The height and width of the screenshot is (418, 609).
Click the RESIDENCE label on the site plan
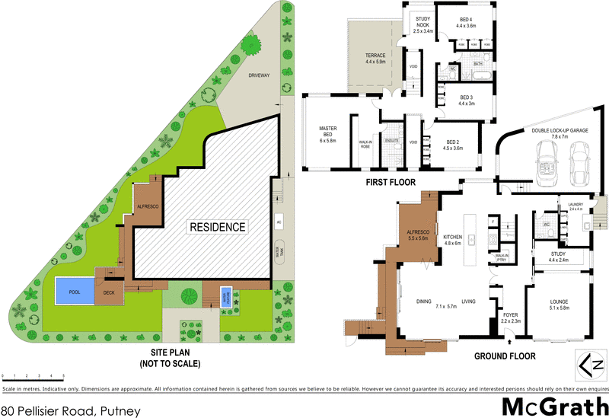[x=217, y=227]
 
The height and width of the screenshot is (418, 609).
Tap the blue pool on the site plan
[x=73, y=290]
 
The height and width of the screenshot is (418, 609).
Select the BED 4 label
[x=466, y=22]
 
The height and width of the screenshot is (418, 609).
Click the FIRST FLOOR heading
[x=391, y=183]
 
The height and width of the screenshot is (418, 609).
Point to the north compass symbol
[x=591, y=365]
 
